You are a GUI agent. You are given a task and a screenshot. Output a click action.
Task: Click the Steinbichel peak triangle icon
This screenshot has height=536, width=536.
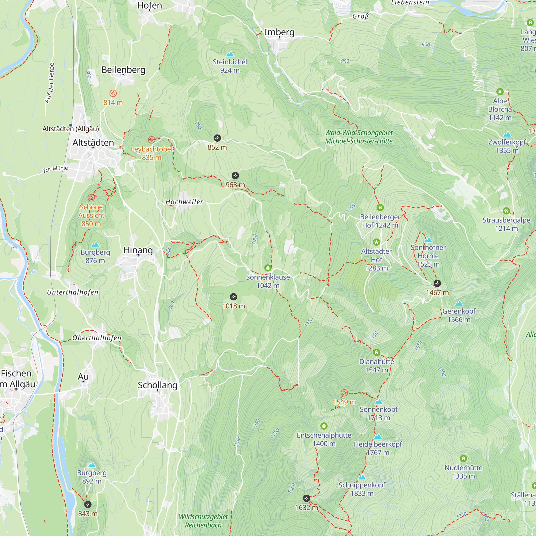tap(230, 54)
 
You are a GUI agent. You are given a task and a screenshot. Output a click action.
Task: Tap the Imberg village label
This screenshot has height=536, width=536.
tap(279, 32)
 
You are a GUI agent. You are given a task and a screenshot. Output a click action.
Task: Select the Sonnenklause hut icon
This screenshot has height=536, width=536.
tap(268, 268)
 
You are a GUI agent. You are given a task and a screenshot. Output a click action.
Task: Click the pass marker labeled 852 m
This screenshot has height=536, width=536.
tap(217, 138)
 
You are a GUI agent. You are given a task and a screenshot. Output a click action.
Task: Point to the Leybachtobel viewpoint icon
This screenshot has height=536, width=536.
tap(151, 140)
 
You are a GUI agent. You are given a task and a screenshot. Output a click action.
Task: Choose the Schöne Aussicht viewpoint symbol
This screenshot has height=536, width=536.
tap(91, 198)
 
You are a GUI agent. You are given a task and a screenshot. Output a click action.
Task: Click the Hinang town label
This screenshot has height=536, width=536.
tap(138, 250)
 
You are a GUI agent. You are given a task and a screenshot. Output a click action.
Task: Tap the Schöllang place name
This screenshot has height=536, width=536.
tap(157, 385)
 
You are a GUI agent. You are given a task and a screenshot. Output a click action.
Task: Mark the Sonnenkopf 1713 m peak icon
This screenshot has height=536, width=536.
tap(379, 402)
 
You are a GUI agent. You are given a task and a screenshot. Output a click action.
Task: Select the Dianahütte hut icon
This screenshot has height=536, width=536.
tap(377, 353)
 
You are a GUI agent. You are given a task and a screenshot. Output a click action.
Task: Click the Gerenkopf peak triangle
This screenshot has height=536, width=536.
tap(459, 304)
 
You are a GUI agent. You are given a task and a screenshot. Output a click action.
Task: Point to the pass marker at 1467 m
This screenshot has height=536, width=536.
tap(437, 283)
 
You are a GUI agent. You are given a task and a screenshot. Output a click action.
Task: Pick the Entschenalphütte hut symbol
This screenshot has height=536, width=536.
tap(324, 426)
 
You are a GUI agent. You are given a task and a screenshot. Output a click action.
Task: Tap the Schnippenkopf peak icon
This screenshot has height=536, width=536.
tap(362, 478)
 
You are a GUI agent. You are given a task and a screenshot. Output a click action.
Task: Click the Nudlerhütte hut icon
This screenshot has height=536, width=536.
tap(463, 459)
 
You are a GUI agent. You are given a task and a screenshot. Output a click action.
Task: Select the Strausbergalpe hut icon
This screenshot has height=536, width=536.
tap(506, 211)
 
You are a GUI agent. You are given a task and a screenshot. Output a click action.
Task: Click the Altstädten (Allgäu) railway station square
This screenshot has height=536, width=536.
tap(71, 125)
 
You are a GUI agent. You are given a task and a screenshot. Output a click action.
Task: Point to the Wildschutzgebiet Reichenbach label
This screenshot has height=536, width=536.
tap(203, 521)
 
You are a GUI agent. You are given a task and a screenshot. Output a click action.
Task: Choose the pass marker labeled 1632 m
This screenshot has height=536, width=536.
tap(306, 498)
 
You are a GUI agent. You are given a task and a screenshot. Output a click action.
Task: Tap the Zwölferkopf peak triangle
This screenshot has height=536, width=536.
tap(507, 135)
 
